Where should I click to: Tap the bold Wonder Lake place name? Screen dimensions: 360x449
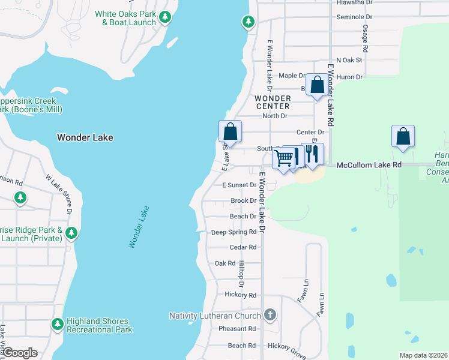(85, 137)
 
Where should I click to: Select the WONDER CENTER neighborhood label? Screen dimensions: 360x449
(272, 102)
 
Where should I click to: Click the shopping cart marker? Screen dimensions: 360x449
(283, 158)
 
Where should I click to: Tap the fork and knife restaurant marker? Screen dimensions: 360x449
(312, 154)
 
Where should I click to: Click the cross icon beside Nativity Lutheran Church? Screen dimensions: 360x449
(270, 315)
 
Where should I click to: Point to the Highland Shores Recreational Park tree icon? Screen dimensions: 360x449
(58, 324)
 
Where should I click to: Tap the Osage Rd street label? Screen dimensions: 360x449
(364, 36)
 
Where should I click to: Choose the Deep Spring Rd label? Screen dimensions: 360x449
(234, 232)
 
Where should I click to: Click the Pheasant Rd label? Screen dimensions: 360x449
(237, 329)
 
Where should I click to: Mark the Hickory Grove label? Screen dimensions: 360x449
(287, 346)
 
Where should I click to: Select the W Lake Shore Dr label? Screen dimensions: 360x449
(58, 194)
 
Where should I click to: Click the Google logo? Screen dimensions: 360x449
(20, 353)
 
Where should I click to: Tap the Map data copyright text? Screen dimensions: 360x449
(423, 355)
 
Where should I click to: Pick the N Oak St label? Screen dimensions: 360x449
(349, 60)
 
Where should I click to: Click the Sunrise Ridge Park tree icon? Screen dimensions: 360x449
(71, 233)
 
